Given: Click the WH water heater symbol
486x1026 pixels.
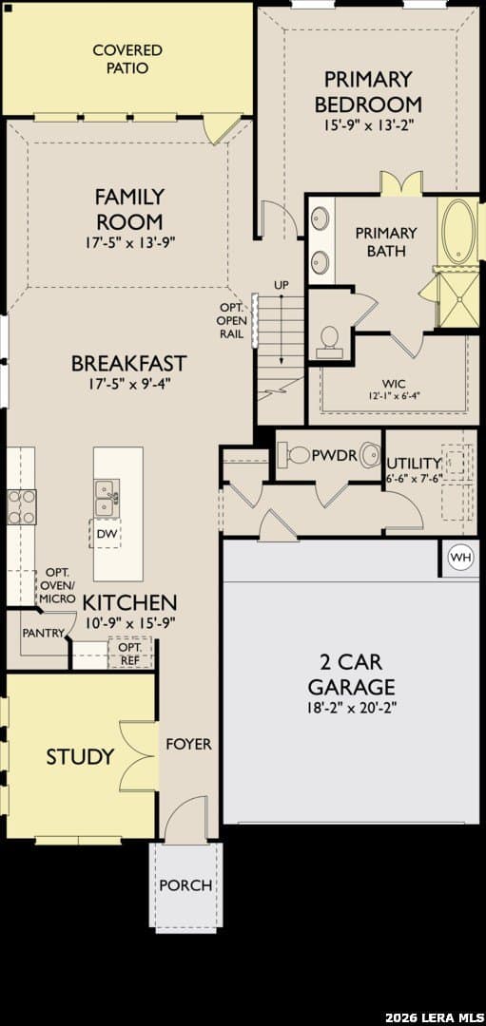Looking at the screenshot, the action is tap(459, 559).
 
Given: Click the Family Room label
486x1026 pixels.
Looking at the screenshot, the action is tap(129, 208).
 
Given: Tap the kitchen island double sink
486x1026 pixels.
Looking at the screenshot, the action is tap(107, 498).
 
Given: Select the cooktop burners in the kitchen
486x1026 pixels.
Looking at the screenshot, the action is tap(22, 506).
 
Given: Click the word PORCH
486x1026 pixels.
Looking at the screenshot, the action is tap(186, 885).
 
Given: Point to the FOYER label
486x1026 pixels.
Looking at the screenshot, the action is tap(188, 744).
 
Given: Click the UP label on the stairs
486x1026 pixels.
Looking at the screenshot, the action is tap(281, 285).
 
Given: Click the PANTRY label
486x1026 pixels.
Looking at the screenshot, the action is tap(43, 633).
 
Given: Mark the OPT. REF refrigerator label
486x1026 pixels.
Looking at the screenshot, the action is tap(129, 653).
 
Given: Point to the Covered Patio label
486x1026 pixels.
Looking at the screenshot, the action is tap(127, 59).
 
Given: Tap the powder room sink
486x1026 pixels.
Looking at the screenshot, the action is tap(371, 453).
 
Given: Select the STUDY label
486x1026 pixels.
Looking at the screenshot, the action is tap(80, 757).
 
